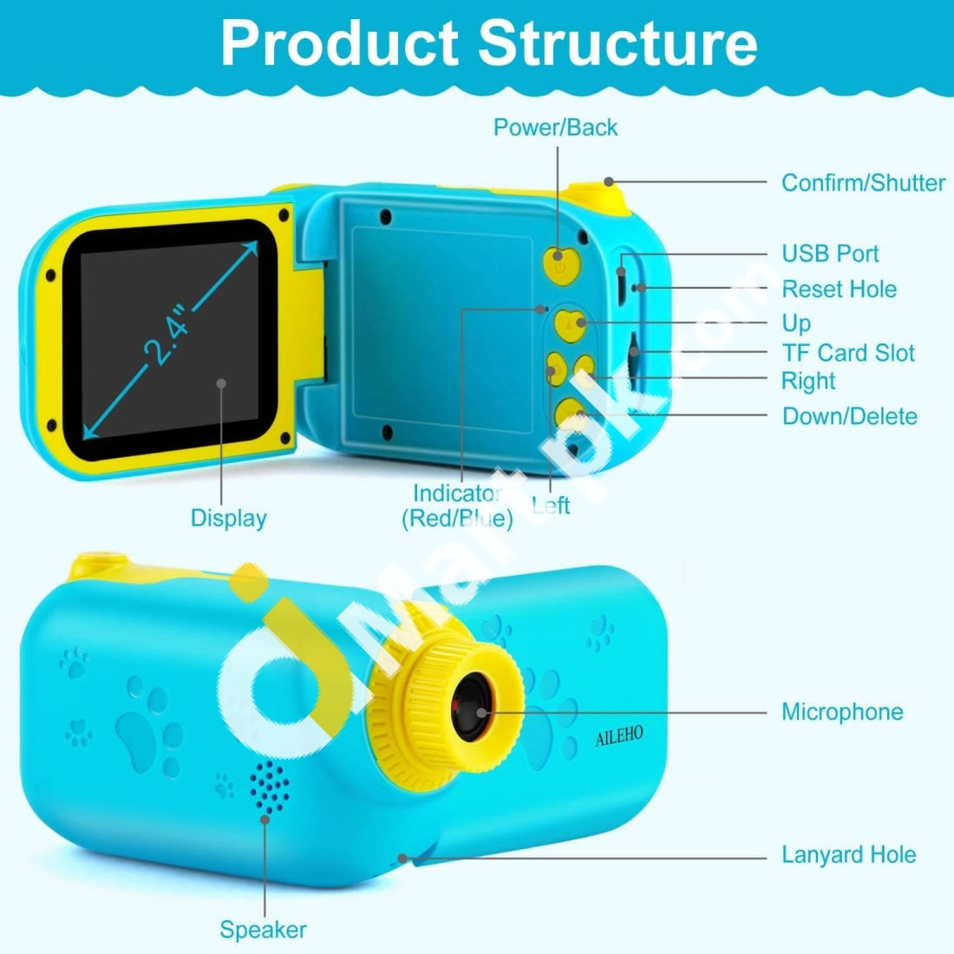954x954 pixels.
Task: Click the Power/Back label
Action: (555, 127)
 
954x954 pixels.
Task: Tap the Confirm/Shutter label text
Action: (863, 182)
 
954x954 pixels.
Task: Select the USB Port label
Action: (830, 254)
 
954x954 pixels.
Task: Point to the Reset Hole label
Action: (839, 289)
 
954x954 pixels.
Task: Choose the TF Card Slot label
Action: (848, 353)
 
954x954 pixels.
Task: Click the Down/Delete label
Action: (849, 416)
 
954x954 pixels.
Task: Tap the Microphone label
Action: (843, 712)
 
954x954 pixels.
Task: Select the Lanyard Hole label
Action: (849, 855)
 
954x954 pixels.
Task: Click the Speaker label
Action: (263, 930)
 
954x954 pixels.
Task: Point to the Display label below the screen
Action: (229, 519)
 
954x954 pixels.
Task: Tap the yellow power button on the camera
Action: (562, 266)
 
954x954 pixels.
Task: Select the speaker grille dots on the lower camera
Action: (269, 787)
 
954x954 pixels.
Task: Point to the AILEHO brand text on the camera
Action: (618, 736)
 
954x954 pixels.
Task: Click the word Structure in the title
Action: (617, 43)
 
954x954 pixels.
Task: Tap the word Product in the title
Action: (339, 43)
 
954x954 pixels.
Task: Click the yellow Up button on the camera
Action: (570, 326)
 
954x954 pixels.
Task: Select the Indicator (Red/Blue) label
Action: (458, 506)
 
